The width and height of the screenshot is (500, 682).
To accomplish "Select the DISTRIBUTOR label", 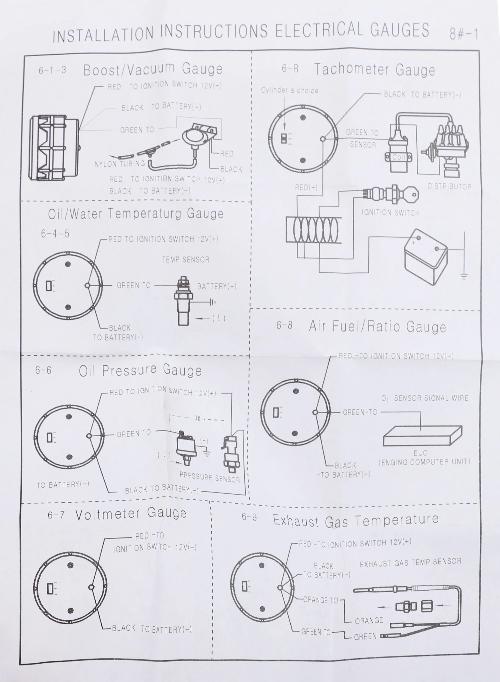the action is pos(449,186).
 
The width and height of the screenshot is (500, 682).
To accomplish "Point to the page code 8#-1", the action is pos(464,34).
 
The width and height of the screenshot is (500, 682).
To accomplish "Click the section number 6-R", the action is pos(290,69).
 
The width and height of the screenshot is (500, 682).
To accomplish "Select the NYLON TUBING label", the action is pos(120,164).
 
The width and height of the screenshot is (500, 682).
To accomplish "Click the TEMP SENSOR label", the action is pos(186,260).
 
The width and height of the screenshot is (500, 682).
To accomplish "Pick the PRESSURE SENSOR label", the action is pos(210,477).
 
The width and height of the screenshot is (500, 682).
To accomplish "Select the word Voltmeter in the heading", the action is pos(108,514).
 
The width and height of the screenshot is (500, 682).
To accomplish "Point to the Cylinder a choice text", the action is pos(290,91).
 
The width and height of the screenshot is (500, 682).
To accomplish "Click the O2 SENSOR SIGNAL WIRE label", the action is pos(425,398).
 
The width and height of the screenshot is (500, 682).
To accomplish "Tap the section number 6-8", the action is pos(284,325).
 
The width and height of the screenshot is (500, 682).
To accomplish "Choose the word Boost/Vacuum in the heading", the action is pos(129,69).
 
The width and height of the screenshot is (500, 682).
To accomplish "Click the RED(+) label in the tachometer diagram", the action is pos(306,187).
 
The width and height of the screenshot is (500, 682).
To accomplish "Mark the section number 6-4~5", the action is pos(55,233).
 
